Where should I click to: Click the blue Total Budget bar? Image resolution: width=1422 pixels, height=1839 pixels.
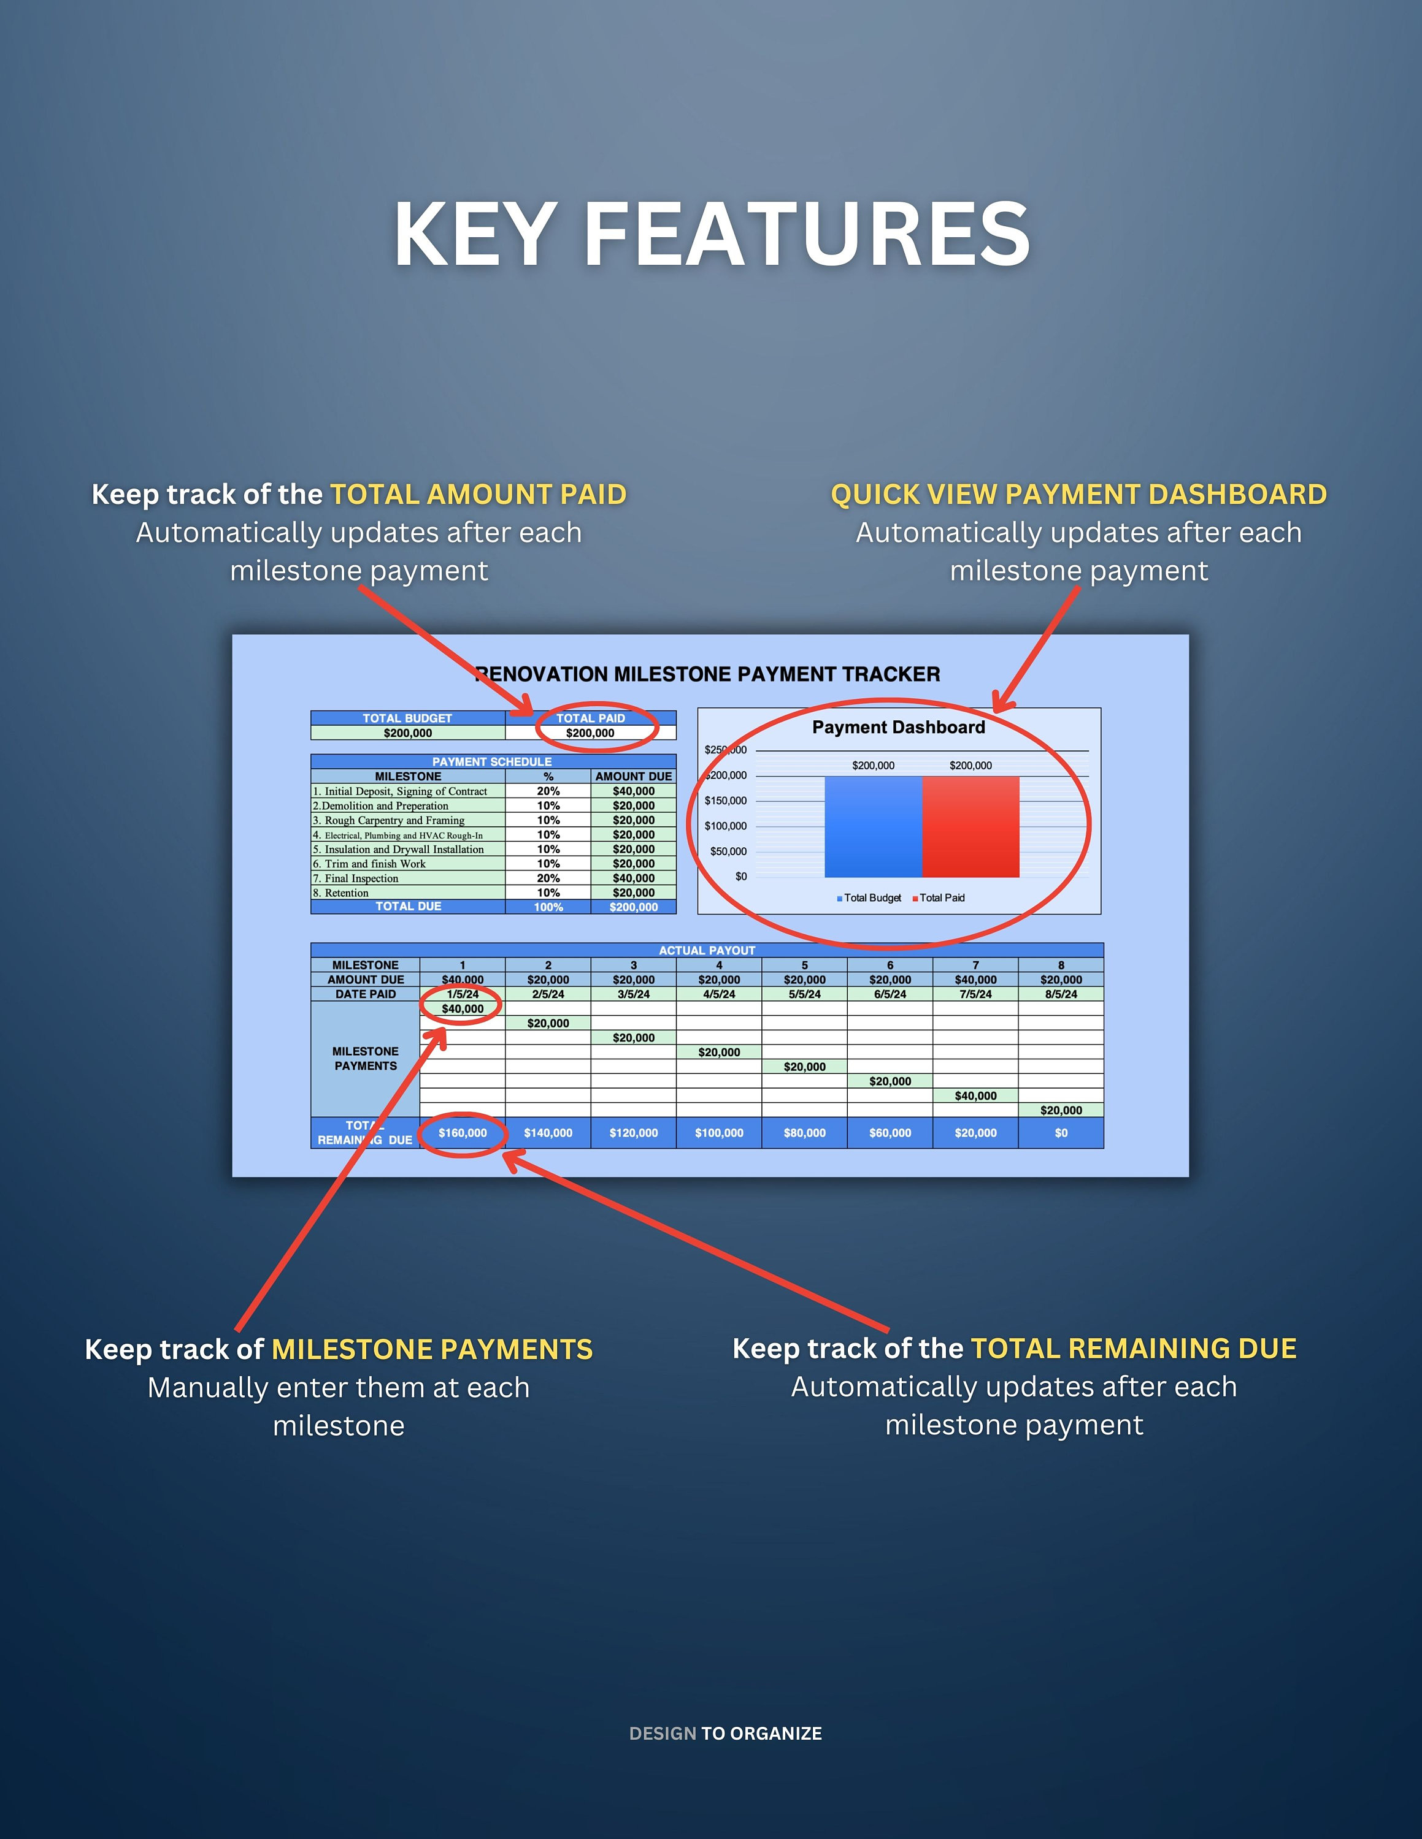point(873,827)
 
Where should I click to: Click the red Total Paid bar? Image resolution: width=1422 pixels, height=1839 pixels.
point(970,827)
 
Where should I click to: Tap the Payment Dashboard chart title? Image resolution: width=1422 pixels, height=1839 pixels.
point(898,728)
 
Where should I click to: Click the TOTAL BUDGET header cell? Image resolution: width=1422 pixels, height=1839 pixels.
point(408,718)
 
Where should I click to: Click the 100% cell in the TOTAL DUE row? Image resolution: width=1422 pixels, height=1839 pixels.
point(548,907)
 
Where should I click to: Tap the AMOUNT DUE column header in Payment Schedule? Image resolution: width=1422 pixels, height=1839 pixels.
point(634,776)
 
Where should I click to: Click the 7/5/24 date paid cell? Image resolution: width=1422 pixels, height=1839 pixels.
point(975,994)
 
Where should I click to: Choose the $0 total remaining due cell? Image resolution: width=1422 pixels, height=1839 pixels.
point(1061,1133)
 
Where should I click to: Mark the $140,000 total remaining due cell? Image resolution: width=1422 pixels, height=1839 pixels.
point(548,1133)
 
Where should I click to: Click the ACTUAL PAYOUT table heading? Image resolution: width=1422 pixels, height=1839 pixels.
point(707,951)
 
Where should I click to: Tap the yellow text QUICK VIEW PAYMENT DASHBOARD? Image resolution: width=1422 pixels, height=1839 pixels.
point(1078,494)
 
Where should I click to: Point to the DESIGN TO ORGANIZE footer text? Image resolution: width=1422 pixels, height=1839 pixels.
point(725,1733)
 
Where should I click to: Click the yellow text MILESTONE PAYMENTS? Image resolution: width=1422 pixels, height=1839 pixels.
point(432,1349)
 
